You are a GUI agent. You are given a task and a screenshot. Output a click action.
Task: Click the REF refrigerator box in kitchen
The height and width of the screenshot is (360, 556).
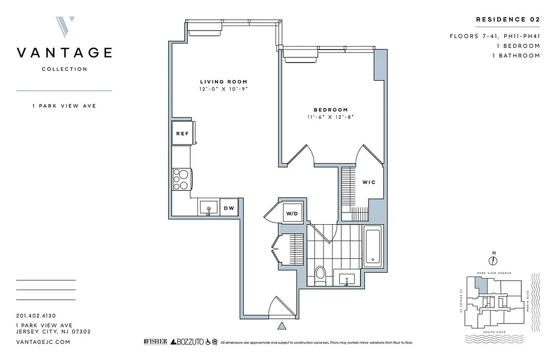(x=182, y=134)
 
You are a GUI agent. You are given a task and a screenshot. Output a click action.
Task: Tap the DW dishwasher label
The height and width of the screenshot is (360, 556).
(x=229, y=208)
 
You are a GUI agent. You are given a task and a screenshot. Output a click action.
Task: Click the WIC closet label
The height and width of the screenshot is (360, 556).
(x=369, y=182)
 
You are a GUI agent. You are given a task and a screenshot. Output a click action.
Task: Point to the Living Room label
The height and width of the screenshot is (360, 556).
(x=224, y=81)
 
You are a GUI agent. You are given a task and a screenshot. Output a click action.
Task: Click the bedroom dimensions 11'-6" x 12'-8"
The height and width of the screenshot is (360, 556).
(x=331, y=117)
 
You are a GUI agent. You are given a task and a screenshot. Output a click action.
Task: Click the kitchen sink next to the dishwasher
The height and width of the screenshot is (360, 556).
(x=209, y=208)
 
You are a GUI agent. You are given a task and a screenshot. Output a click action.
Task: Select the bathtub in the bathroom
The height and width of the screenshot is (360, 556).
(x=372, y=247)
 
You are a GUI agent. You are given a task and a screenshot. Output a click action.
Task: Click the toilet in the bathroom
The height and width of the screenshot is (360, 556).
(x=320, y=275)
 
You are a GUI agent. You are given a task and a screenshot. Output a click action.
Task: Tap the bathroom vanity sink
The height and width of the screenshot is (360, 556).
(x=347, y=279)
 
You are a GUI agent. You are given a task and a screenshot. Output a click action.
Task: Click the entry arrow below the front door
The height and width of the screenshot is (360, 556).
(x=282, y=326)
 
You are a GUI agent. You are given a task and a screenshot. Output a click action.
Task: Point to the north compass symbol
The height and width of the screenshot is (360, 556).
(x=493, y=260)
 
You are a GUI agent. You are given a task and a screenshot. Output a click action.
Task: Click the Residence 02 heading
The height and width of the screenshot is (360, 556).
(x=507, y=19)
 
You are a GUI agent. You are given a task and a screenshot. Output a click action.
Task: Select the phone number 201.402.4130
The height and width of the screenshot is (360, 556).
(x=36, y=316)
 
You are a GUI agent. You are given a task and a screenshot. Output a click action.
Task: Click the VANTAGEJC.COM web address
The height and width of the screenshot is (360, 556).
(x=43, y=342)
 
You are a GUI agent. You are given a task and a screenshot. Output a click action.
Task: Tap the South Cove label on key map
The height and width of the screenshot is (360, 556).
(x=493, y=332)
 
